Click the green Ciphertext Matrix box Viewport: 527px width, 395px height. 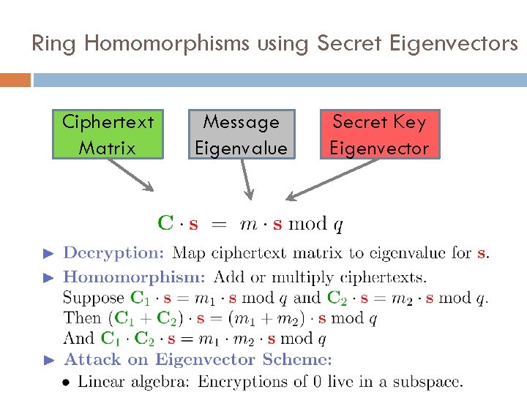pos(108,135)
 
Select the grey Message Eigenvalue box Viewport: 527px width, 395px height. pos(242,135)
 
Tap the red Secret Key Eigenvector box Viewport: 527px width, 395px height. pos(379,135)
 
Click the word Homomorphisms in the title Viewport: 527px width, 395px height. pos(168,44)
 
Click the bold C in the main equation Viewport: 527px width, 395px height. pos(166,222)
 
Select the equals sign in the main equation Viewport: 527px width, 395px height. pos(219,224)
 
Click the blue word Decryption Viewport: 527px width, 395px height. pos(113,254)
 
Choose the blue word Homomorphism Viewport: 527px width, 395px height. pos(134,278)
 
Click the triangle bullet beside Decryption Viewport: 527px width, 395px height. pos(49,254)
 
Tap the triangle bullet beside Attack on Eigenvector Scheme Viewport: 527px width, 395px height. pos(49,360)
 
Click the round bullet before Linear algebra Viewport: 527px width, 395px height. pos(67,381)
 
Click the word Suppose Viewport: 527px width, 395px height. pos(94,298)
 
